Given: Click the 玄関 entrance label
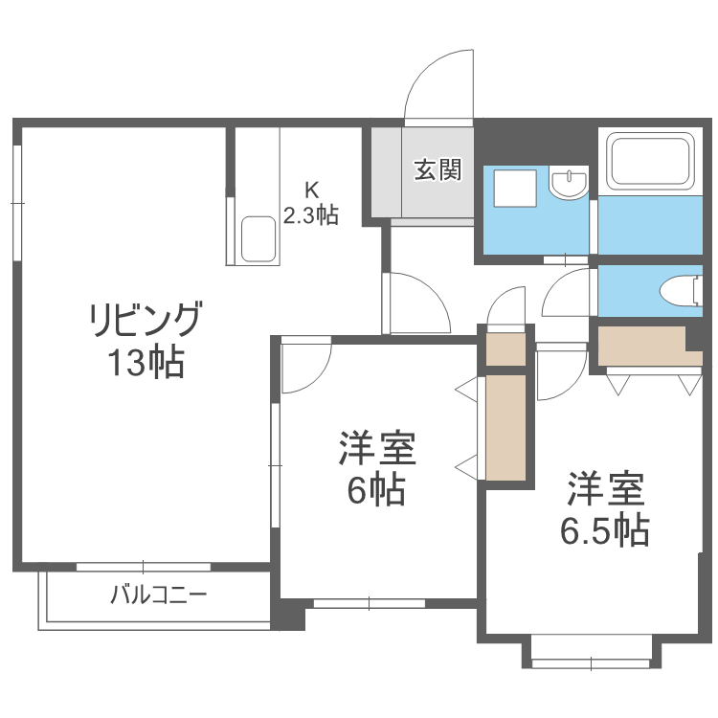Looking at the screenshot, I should [x=438, y=170].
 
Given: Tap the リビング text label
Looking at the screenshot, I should [x=146, y=318].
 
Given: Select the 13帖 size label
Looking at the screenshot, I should [x=146, y=363].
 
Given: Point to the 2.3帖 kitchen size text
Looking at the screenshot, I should [x=309, y=214].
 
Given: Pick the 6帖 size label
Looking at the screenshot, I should [x=375, y=490].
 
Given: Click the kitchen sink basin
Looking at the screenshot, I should [x=259, y=238].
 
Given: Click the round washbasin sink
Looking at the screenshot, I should [x=570, y=184].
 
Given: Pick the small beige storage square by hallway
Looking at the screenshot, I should [x=505, y=347].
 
